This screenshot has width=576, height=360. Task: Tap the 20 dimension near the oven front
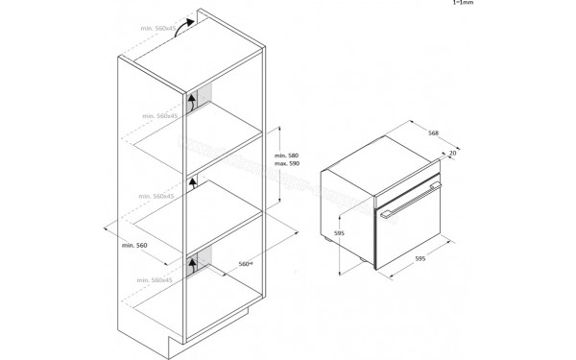[x=453, y=153]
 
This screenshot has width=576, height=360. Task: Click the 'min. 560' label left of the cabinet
[x=134, y=247]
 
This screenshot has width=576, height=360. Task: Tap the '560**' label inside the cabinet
[x=245, y=262]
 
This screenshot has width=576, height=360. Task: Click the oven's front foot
[x=363, y=259]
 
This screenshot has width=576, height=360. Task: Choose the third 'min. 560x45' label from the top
[x=158, y=196]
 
